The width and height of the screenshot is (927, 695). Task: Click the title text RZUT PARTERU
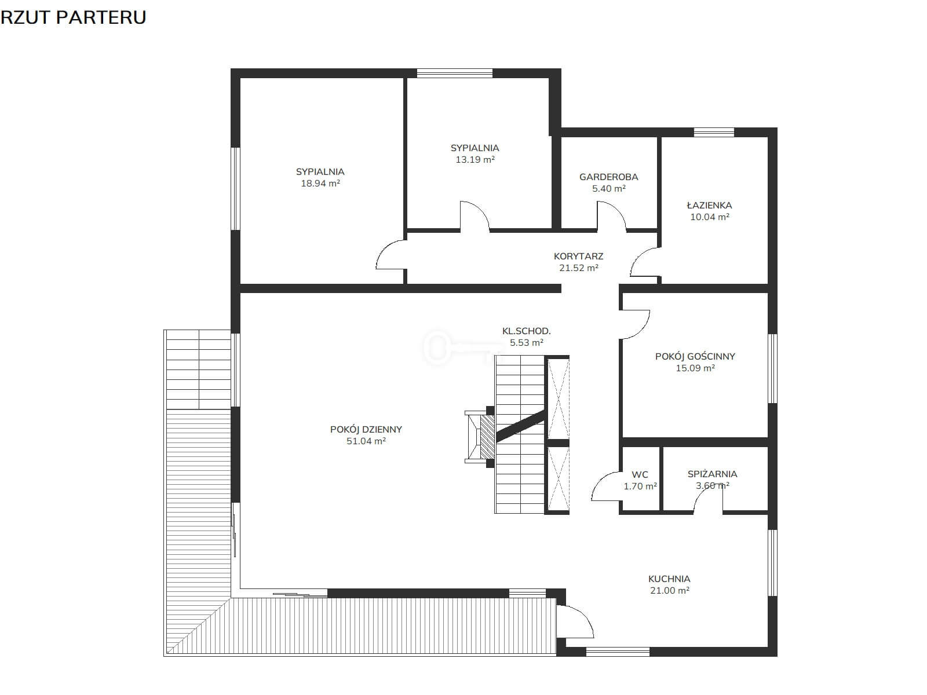click(73, 18)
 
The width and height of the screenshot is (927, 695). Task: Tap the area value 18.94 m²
click(320, 184)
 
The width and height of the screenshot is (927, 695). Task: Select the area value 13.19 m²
click(475, 159)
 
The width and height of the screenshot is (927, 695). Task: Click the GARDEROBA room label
click(608, 177)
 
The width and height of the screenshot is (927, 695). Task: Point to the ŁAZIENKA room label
click(709, 205)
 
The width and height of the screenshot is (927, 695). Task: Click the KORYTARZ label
click(578, 256)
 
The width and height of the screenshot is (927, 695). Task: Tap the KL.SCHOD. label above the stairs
click(526, 331)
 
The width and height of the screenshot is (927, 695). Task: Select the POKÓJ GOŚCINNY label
click(695, 356)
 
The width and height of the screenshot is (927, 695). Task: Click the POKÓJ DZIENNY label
click(366, 430)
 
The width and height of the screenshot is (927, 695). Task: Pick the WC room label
click(640, 475)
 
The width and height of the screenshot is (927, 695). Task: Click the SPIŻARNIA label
click(712, 474)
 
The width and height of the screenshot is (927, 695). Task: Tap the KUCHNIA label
click(669, 579)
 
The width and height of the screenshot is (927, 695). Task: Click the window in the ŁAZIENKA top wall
click(714, 132)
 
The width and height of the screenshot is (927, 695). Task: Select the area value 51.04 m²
click(366, 441)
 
